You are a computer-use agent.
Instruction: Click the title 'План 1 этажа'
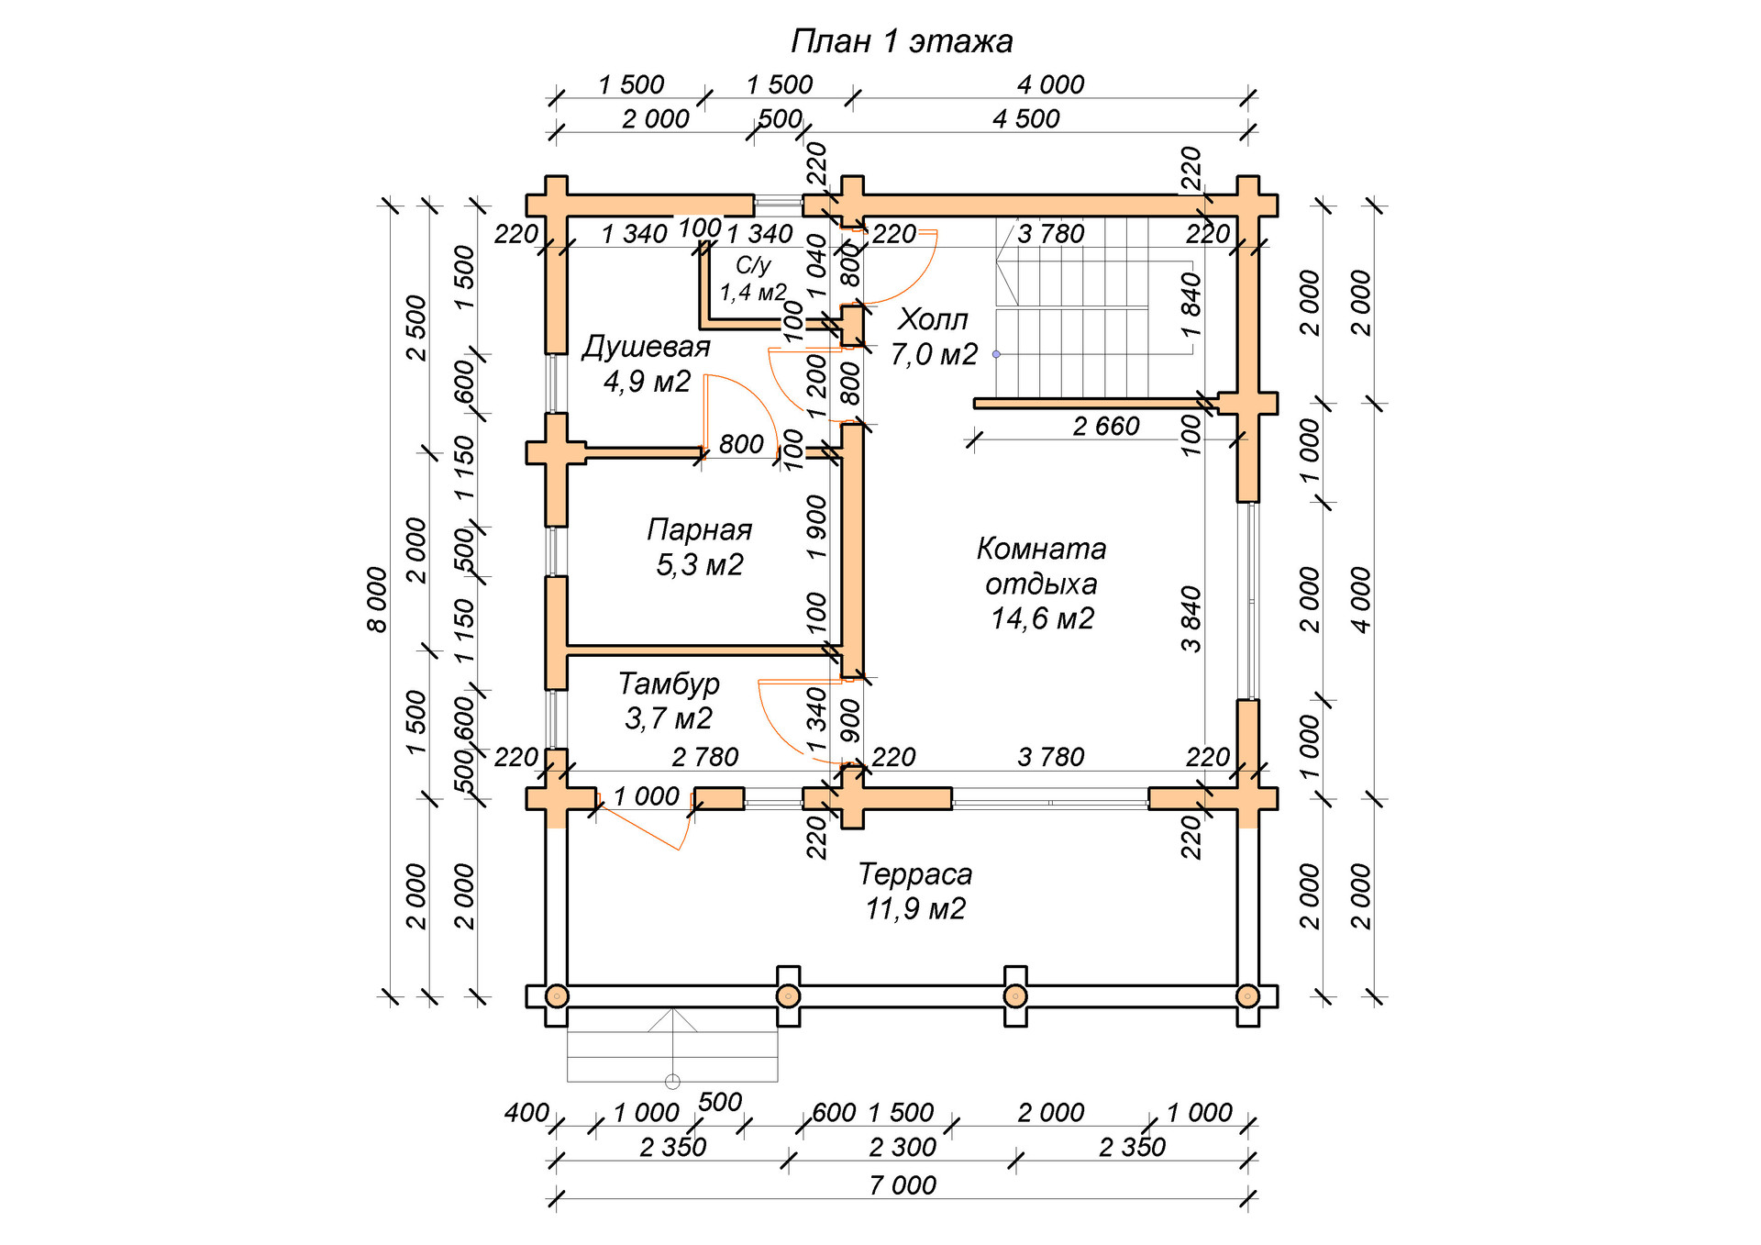click(x=902, y=41)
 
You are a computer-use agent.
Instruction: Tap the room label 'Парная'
click(x=699, y=529)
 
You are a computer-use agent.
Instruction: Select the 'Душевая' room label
click(x=646, y=347)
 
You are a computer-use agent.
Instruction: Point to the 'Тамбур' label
click(x=669, y=684)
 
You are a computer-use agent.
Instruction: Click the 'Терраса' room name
click(x=914, y=874)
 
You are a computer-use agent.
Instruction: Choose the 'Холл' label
click(x=933, y=319)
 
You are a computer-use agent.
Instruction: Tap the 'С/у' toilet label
click(x=753, y=265)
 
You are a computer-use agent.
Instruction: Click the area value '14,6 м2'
click(x=1042, y=618)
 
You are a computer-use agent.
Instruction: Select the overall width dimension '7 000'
click(x=903, y=1185)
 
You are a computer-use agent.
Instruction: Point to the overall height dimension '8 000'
click(x=378, y=600)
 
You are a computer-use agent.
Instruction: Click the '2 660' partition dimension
click(x=1106, y=426)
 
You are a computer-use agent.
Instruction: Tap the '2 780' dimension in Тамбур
click(x=704, y=757)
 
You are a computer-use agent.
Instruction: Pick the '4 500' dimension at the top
click(x=1026, y=118)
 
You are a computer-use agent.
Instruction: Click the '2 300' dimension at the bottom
click(x=903, y=1147)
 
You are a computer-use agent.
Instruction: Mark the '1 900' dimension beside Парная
click(x=816, y=528)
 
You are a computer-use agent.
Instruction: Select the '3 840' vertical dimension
click(x=1191, y=618)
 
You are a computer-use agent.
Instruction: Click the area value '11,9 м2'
click(x=915, y=909)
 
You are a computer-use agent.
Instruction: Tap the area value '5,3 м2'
click(x=699, y=565)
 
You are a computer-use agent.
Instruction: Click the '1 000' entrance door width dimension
click(x=647, y=796)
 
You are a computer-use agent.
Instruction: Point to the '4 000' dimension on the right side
click(x=1361, y=600)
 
